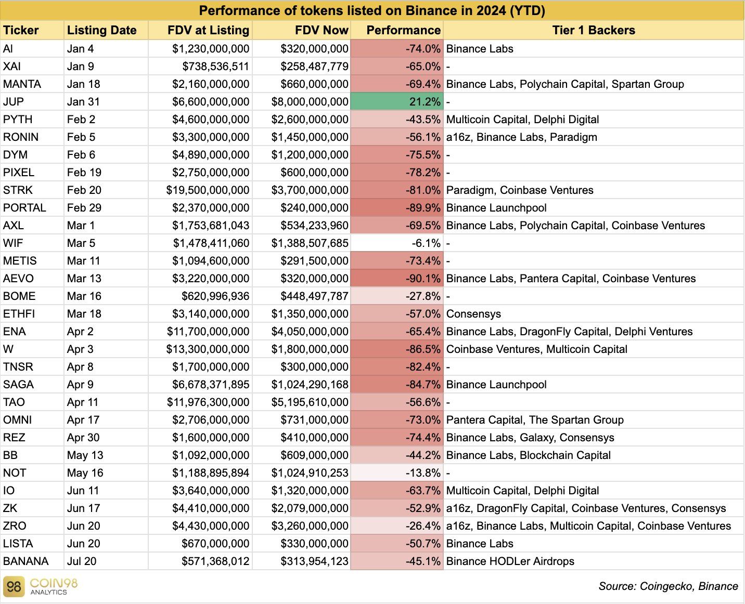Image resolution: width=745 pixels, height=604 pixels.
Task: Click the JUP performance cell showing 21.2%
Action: [x=396, y=102]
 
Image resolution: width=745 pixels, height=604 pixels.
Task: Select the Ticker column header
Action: [x=21, y=30]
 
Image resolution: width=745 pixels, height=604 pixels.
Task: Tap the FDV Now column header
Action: [x=322, y=30]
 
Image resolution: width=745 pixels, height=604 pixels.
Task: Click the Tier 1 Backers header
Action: [x=593, y=30]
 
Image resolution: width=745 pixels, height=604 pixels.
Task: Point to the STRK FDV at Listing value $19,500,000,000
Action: [x=208, y=190]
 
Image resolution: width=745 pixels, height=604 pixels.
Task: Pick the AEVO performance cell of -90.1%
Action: [x=396, y=279]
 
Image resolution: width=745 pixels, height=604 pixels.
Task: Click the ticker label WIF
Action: [x=13, y=243]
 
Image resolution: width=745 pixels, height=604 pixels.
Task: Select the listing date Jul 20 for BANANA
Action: [x=82, y=561]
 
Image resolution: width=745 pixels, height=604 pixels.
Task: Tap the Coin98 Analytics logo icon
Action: [x=14, y=586]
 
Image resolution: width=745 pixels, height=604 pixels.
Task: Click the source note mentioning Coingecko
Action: [x=668, y=586]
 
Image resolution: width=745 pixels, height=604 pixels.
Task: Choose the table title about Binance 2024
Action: [x=372, y=11]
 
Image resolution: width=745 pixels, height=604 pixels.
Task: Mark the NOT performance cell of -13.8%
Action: [x=396, y=473]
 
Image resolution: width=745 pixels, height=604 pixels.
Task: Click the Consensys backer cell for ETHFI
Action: [x=473, y=314]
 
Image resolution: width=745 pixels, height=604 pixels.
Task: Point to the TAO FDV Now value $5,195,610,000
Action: [x=310, y=402]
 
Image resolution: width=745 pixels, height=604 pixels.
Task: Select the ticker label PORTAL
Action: [x=24, y=208]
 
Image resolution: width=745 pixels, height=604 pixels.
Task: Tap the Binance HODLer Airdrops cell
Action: [x=510, y=561]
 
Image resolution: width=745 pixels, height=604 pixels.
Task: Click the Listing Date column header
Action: [x=102, y=30]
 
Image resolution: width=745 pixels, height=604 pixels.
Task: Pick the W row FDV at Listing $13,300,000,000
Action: [x=208, y=349]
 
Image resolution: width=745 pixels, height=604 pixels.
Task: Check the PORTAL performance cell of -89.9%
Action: [x=396, y=208]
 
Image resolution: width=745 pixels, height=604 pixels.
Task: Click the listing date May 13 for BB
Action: [x=85, y=455]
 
